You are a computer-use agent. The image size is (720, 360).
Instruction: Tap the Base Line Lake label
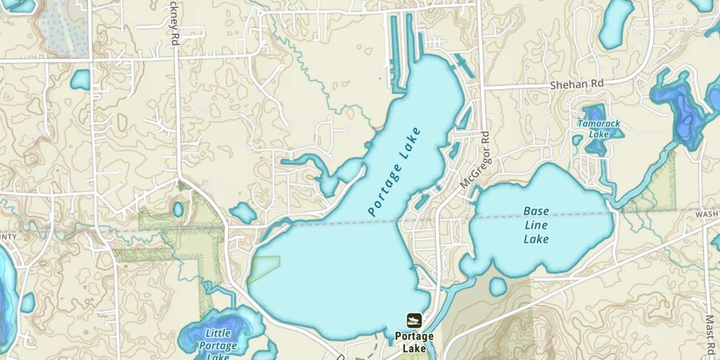536,225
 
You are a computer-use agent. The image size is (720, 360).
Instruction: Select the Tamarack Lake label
599,129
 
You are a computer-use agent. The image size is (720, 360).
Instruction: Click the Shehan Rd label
576,84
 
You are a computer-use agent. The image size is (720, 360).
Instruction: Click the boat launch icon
414,320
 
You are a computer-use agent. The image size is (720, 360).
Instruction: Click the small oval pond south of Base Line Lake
498,287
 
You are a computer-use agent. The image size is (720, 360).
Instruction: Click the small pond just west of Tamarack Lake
577,140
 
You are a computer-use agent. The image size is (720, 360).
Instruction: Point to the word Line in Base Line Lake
536,225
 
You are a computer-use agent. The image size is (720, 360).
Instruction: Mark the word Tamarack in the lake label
599,124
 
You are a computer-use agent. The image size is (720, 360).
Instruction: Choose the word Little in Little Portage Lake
218,333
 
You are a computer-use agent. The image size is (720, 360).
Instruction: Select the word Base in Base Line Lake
536,211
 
